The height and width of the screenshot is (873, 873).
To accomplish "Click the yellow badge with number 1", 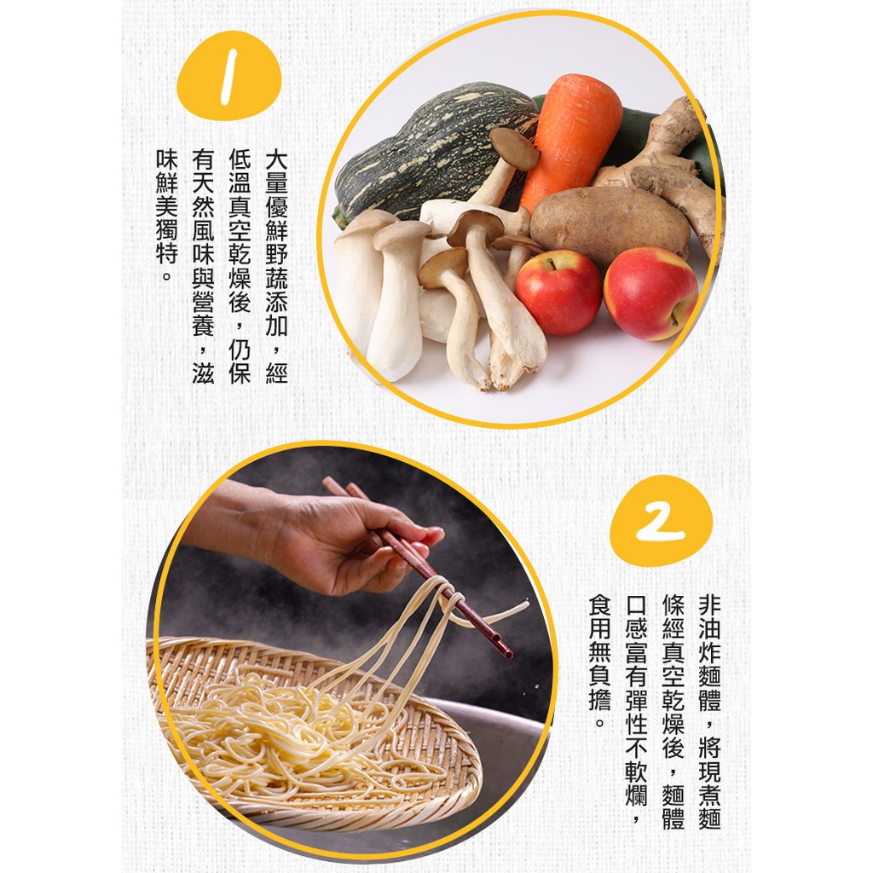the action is [228, 75].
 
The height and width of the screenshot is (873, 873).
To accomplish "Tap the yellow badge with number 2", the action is [661, 521].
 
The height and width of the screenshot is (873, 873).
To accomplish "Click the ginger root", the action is [668, 167].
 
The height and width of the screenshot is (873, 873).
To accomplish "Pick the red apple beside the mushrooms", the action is [558, 292].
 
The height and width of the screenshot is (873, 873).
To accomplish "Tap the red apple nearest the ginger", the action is [650, 293].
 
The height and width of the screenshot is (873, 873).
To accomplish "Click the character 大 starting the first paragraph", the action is [277, 159].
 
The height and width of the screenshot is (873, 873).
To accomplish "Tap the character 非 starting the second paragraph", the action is [709, 605].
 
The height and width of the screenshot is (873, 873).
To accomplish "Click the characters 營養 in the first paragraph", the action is [203, 314].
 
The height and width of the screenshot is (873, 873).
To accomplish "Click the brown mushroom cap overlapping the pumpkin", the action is [514, 148].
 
